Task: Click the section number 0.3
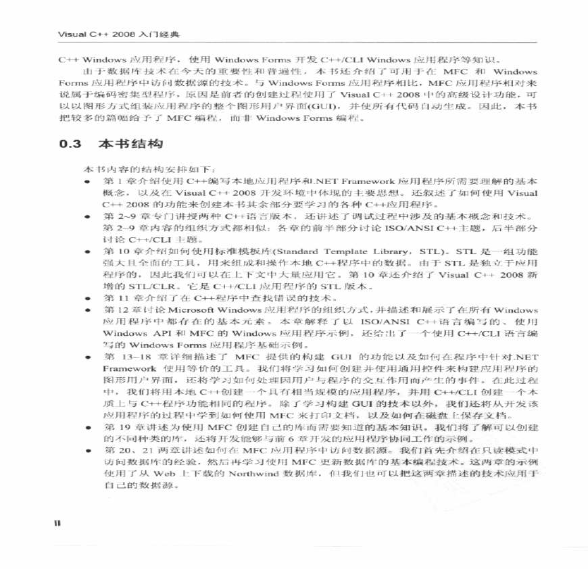point(70,144)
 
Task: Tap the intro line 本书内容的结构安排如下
point(149,168)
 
